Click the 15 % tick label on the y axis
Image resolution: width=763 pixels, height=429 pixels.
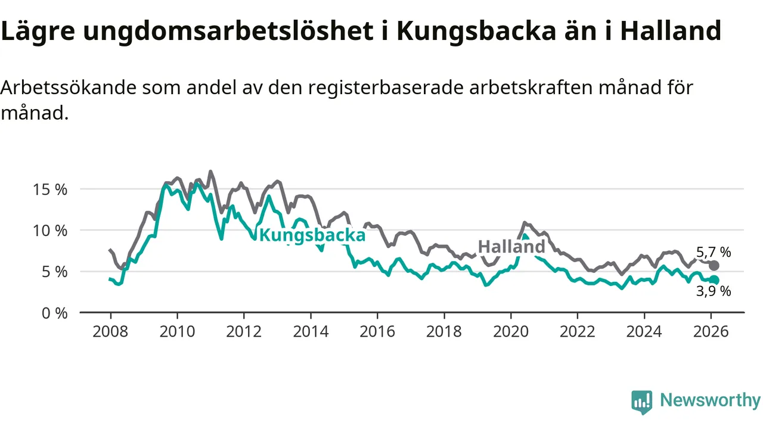click(51, 189)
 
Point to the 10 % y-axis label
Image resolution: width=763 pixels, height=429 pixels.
click(51, 231)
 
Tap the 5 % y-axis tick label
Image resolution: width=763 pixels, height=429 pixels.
click(54, 272)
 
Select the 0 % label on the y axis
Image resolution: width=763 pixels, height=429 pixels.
click(54, 313)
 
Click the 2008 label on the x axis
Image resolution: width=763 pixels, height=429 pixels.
click(110, 331)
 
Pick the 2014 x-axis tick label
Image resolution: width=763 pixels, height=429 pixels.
click(311, 331)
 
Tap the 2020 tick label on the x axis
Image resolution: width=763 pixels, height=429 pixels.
click(510, 331)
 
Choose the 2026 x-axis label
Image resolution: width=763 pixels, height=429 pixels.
click(711, 331)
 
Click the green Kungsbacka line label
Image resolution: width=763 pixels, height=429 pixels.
click(312, 235)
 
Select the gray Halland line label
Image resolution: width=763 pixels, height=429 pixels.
click(511, 247)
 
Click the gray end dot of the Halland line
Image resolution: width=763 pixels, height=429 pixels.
click(714, 265)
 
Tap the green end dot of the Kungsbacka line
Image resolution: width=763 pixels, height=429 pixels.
click(714, 280)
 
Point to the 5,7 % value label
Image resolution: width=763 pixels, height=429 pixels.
click(714, 252)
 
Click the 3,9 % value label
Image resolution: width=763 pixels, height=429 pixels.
click(714, 291)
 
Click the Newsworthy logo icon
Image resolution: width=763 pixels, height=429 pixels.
click(641, 402)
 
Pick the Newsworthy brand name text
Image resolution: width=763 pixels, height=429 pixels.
click(710, 400)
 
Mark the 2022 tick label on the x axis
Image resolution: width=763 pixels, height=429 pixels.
click(577, 331)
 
